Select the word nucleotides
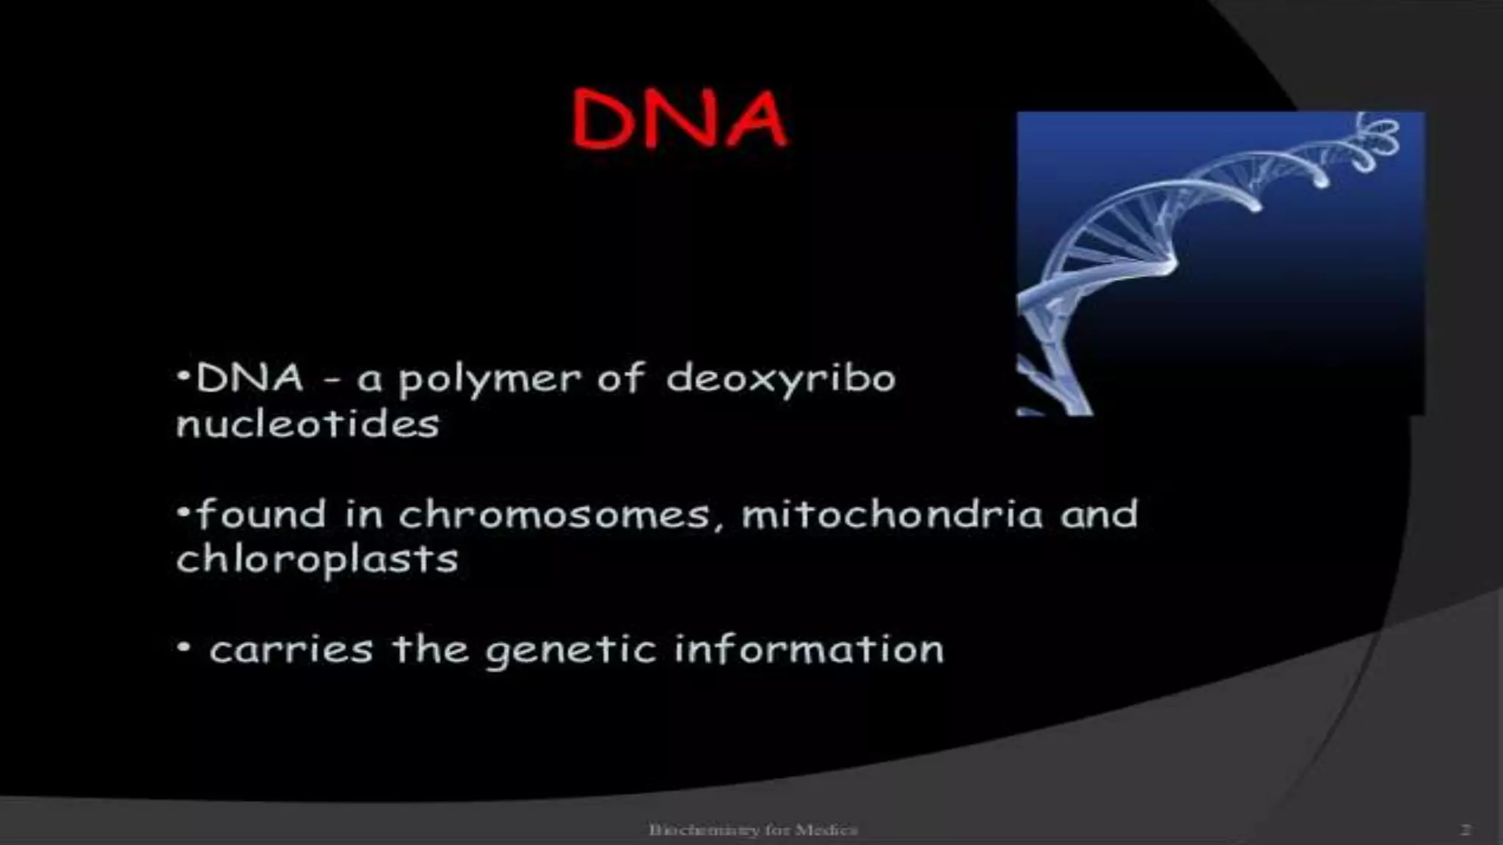307,424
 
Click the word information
809,650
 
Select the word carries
291,650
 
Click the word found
261,514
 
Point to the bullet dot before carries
184,648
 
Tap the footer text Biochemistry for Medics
753,830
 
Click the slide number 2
1465,830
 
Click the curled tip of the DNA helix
1380,139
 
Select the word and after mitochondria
1099,514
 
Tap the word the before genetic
430,649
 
